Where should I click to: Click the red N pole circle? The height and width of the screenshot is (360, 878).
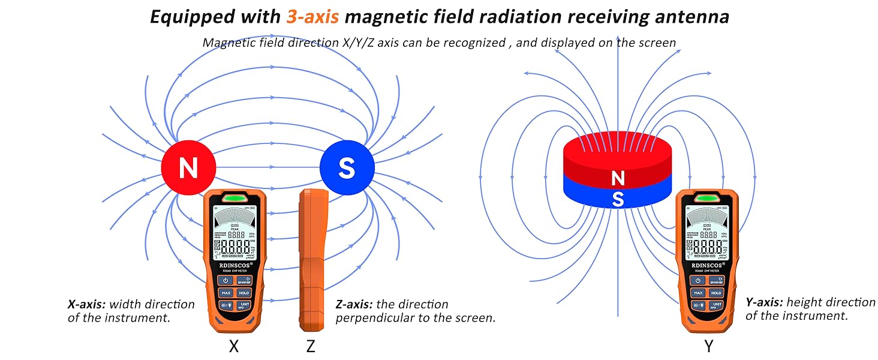[x=188, y=168]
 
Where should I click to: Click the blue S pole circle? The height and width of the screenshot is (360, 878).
[x=347, y=168]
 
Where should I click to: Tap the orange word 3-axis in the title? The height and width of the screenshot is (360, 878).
[x=313, y=16]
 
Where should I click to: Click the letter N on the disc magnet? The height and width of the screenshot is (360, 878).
[x=617, y=178]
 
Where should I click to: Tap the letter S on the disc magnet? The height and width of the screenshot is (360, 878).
[x=617, y=199]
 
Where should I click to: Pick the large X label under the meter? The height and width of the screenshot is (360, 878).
[x=234, y=346]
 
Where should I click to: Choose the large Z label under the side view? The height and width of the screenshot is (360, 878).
[x=311, y=346]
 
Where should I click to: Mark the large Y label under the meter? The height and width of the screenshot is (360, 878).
[x=709, y=346]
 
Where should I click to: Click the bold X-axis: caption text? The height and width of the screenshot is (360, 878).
[x=86, y=304]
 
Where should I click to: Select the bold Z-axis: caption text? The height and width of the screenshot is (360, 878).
[x=354, y=304]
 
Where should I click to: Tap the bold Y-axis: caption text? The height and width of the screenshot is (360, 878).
[x=764, y=302]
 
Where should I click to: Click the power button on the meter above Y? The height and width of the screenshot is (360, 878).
[x=697, y=280]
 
